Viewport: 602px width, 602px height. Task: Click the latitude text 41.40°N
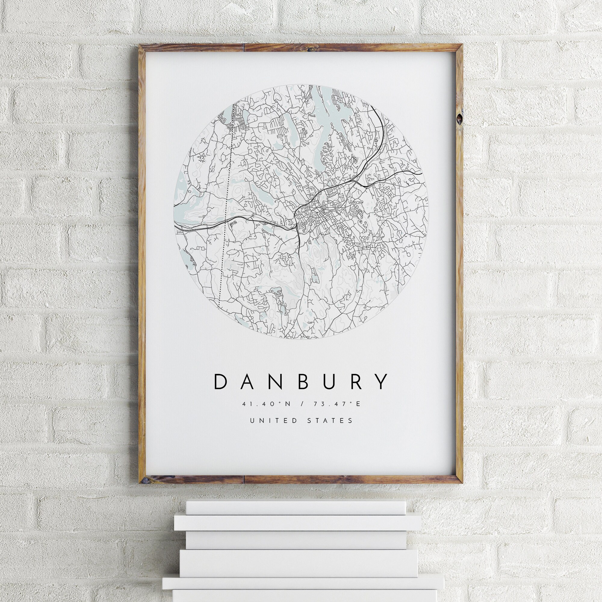(x=266, y=404)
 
